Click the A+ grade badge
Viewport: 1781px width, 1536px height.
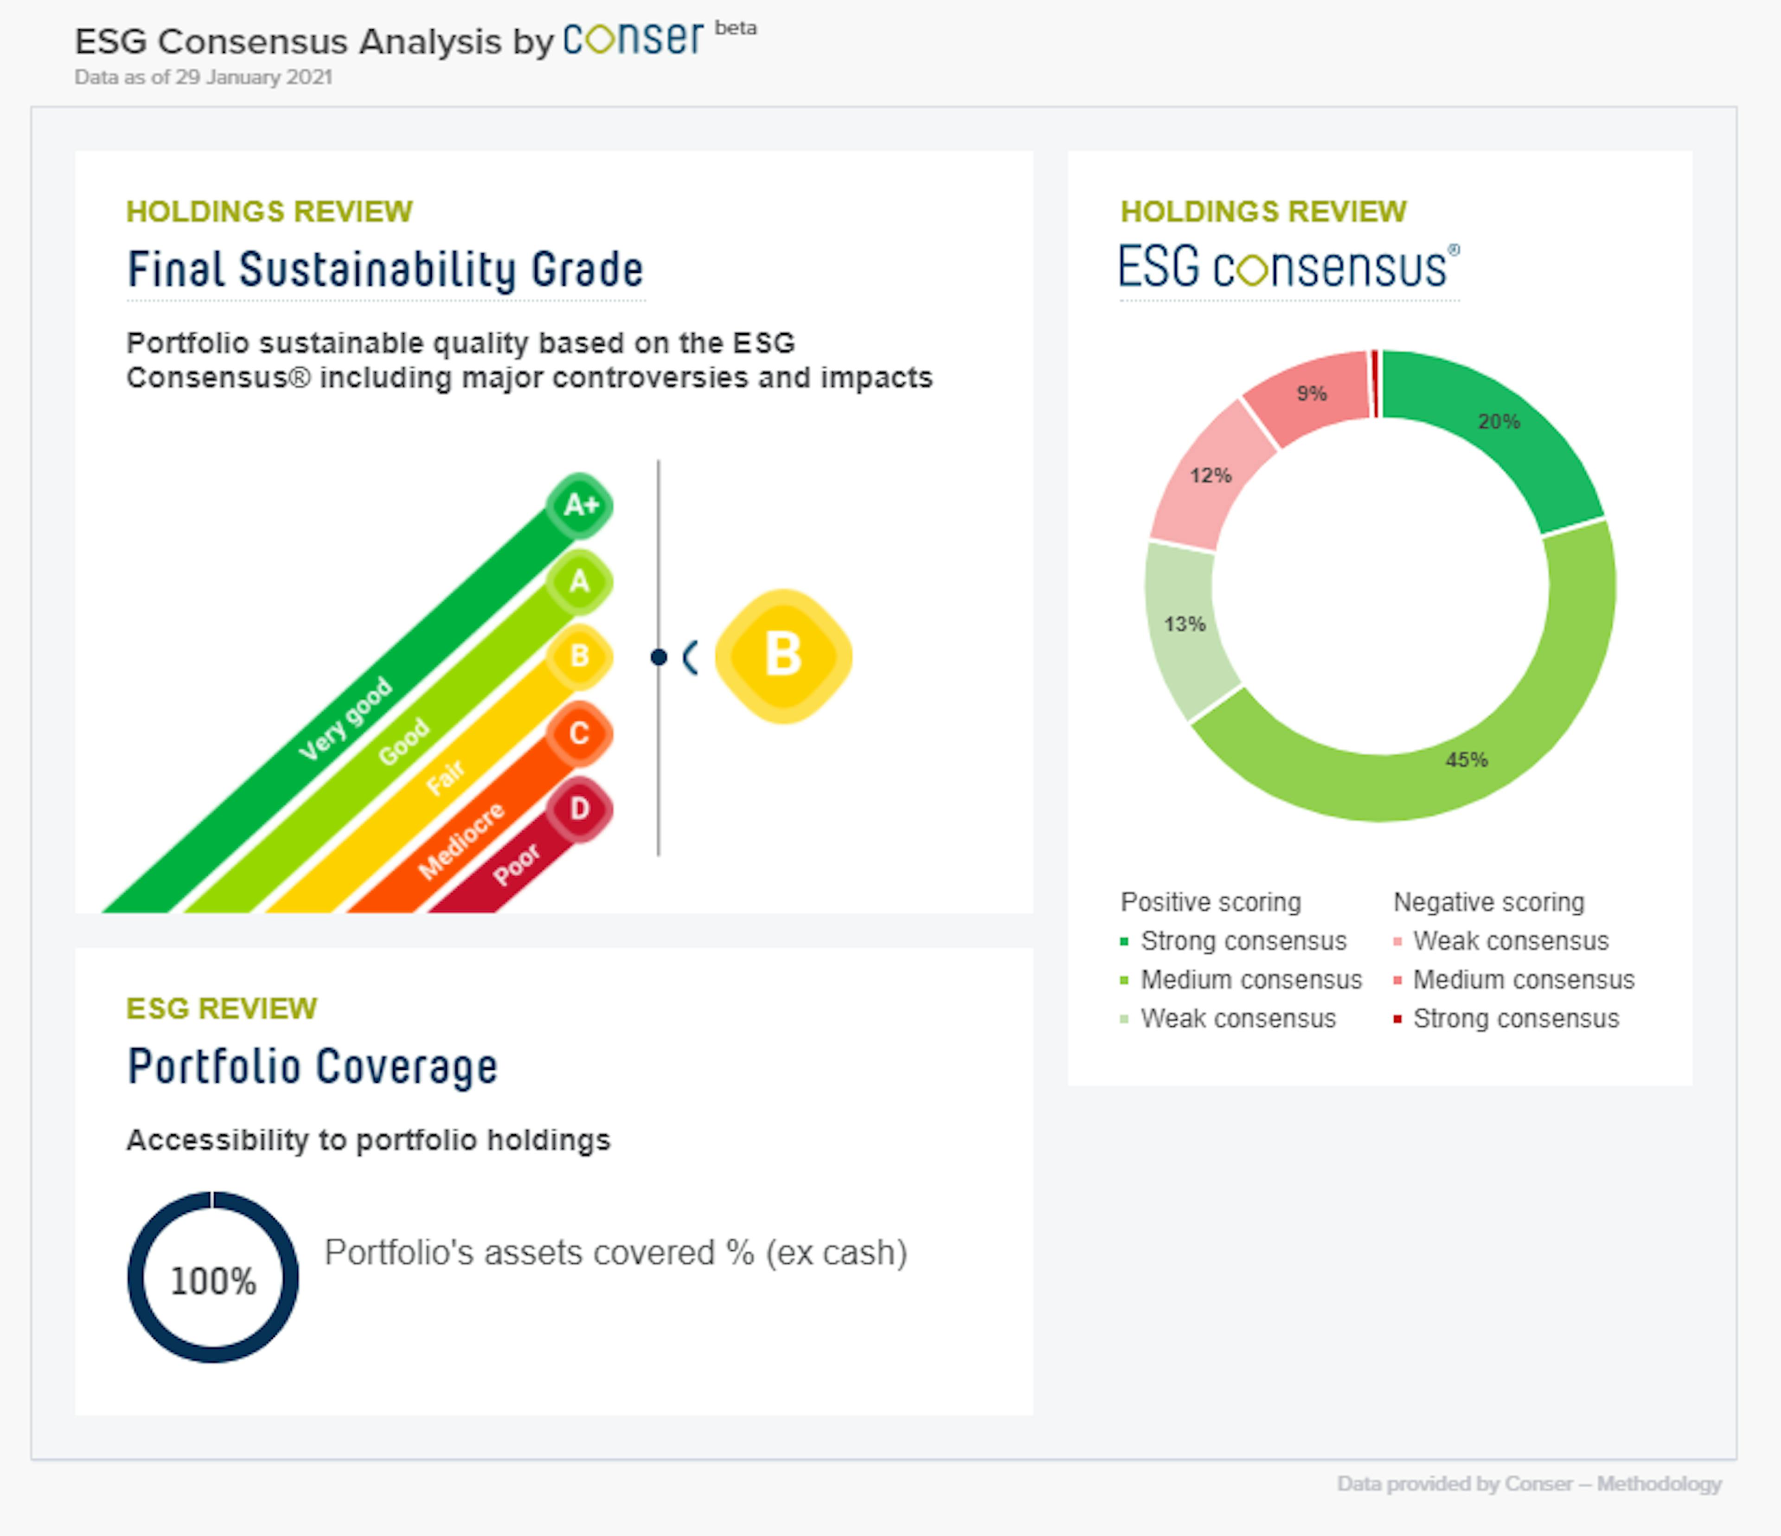coord(579,505)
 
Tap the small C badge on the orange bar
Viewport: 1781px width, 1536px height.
coord(579,733)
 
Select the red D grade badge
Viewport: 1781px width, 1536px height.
coord(579,809)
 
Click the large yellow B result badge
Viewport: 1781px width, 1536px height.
coord(783,656)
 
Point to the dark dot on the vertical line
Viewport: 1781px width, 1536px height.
coord(659,657)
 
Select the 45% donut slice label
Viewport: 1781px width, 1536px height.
coord(1467,760)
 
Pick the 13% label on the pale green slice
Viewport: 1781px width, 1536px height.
coord(1185,624)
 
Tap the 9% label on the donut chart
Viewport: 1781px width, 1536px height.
coord(1311,394)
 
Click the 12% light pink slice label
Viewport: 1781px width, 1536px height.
coord(1210,476)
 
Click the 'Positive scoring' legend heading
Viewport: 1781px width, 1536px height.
coord(1210,902)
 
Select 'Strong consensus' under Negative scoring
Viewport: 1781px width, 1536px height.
coord(1515,1019)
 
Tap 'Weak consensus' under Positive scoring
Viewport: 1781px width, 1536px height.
coord(1238,1019)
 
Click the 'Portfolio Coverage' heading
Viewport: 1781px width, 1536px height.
coord(312,1067)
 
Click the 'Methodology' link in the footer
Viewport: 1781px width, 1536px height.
coord(1659,1484)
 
